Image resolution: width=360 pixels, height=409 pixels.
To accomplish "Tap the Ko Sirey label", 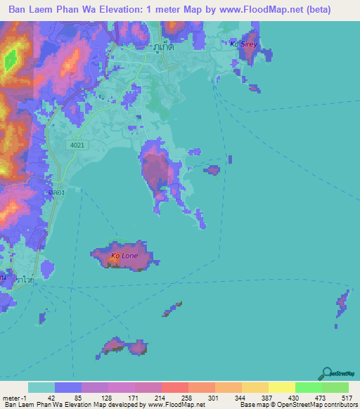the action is coord(244,44).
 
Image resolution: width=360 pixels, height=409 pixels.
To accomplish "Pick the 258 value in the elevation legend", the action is coord(182,397).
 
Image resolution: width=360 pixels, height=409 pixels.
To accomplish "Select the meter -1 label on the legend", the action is coord(14,397).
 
